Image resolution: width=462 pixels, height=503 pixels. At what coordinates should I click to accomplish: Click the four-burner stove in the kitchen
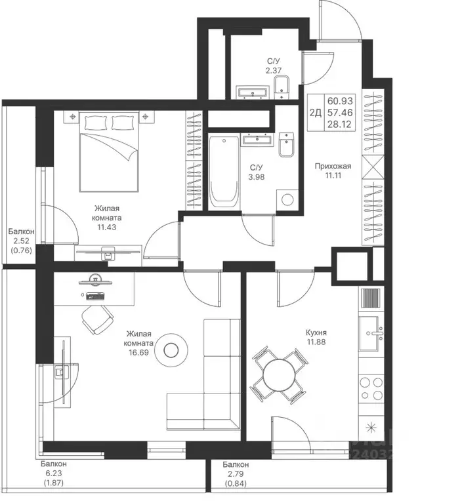click(371, 388)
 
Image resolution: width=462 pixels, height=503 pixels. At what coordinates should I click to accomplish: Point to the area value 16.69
click(138, 353)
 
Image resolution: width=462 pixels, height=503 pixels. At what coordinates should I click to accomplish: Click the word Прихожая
click(333, 166)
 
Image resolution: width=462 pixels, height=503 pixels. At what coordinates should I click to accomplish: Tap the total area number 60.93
click(340, 101)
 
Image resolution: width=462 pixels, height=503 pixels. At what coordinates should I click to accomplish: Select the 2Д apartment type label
click(315, 113)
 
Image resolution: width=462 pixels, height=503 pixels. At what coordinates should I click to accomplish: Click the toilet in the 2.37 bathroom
click(282, 87)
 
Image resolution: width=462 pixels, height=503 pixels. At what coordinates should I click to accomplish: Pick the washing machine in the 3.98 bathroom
click(287, 199)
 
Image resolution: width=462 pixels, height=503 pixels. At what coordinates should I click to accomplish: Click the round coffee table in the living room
click(171, 350)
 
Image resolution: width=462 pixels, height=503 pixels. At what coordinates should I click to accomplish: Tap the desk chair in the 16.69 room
click(98, 319)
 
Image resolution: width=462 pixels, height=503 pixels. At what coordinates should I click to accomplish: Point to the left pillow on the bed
click(95, 122)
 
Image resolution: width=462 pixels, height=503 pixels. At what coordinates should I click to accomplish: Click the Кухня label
click(316, 332)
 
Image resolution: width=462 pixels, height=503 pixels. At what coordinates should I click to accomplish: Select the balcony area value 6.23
click(54, 473)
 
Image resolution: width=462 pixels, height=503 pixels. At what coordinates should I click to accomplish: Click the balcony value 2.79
click(236, 473)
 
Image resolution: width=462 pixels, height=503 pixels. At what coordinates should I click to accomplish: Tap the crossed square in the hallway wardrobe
click(373, 167)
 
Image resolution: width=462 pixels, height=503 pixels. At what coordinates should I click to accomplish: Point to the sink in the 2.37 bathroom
click(253, 91)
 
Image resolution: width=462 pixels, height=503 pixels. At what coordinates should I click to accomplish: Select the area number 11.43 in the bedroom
click(107, 228)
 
